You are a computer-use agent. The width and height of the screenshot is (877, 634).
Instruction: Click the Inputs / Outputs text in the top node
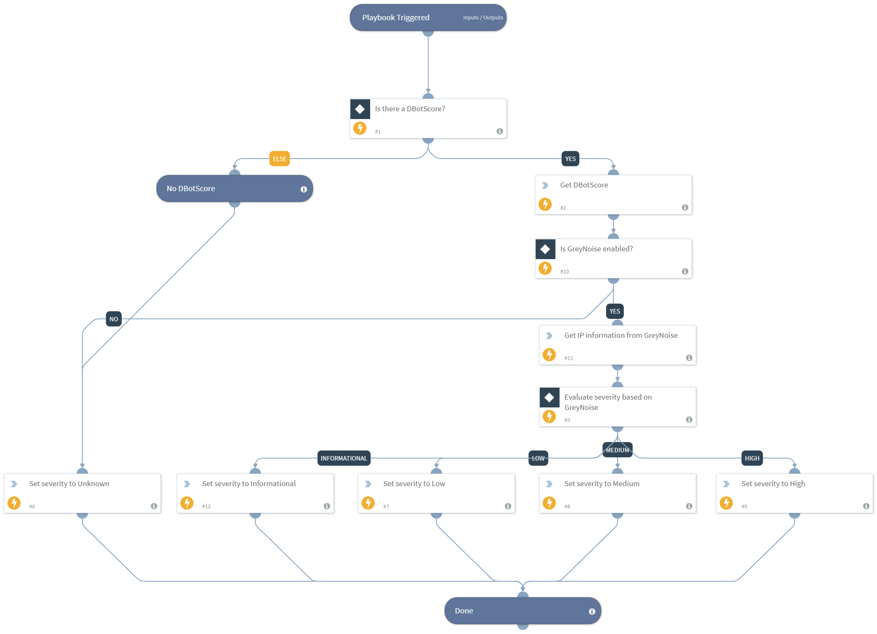483,18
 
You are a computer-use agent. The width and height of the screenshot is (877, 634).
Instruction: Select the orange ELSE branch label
279,159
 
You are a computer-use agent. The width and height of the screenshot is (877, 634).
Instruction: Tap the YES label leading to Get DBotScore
570,159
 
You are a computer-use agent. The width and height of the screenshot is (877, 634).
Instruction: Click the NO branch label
114,319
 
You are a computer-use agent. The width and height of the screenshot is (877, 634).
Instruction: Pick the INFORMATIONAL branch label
343,458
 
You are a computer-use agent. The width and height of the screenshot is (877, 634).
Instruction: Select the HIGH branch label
751,458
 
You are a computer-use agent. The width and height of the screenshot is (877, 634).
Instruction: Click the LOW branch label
538,458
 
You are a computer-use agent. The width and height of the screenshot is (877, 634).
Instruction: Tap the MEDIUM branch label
617,450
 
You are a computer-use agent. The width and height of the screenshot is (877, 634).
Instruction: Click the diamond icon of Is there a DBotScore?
360,109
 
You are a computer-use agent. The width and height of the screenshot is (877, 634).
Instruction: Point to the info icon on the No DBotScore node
304,189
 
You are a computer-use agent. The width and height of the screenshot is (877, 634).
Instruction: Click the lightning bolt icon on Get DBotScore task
545,204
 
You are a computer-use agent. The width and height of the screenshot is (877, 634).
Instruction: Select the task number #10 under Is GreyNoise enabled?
564,271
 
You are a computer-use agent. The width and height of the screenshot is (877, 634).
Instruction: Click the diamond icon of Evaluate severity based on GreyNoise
549,398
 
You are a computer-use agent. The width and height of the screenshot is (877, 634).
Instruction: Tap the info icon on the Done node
592,611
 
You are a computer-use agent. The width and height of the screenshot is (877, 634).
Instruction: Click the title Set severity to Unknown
69,484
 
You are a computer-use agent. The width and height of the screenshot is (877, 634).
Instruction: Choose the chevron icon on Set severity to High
726,484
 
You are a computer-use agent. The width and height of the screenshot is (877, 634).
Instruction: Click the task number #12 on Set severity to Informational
206,506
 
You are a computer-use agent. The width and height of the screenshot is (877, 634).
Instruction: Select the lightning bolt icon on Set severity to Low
368,503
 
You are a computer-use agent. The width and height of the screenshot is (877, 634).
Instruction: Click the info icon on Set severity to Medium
689,506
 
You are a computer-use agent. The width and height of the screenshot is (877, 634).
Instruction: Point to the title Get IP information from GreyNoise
620,335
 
